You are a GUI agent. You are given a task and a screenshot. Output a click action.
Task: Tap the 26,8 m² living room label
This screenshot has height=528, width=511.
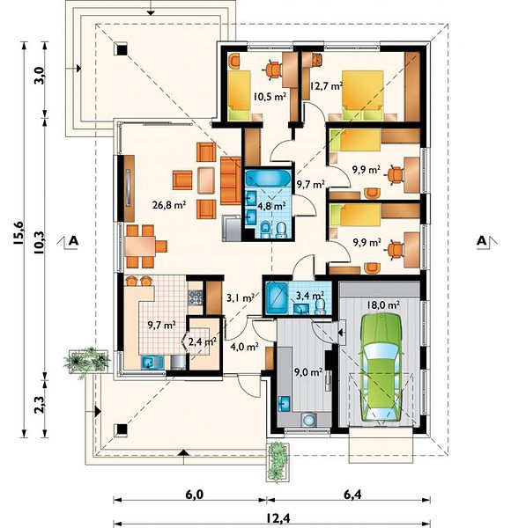[169, 204]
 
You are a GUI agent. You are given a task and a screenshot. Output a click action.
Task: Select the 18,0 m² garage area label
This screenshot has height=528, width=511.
[383, 305]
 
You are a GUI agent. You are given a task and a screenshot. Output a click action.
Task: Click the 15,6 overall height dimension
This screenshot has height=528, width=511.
[19, 233]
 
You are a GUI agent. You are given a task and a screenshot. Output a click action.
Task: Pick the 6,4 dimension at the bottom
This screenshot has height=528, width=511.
[352, 495]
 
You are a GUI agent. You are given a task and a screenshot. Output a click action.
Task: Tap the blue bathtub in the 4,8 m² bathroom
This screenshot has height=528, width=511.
[268, 178]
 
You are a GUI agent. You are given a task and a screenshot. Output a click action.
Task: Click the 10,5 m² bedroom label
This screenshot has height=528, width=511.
[270, 98]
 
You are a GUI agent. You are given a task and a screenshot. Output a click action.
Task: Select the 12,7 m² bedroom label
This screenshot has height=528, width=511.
[326, 86]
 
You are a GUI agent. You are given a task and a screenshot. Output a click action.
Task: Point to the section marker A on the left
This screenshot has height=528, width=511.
[73, 241]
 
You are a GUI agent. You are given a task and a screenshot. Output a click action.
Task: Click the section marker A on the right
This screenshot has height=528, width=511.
[482, 241]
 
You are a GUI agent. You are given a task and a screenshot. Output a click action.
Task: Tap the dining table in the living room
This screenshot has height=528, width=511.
[140, 246]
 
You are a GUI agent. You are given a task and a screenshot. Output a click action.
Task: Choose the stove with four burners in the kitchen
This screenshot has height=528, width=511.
[196, 297]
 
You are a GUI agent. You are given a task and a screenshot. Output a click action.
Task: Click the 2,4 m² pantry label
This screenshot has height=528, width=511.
[202, 341]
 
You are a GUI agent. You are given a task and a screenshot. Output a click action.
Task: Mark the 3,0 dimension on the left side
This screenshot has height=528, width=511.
[40, 76]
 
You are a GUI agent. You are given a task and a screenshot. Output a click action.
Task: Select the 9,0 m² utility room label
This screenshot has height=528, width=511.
[308, 371]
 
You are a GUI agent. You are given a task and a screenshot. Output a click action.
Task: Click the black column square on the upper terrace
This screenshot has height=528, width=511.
[121, 48]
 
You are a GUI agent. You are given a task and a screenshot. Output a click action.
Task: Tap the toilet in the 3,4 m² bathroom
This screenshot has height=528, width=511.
[320, 305]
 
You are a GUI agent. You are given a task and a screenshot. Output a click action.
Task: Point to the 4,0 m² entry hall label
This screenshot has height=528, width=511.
[244, 346]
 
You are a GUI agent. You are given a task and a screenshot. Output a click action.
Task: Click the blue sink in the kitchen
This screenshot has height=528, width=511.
[149, 363]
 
